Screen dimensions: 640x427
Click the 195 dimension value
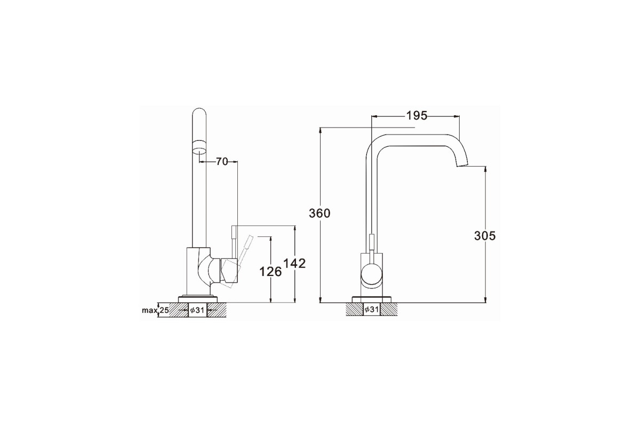pos(417,116)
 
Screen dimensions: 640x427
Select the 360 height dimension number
pos(319,213)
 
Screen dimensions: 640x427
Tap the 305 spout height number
pos(485,236)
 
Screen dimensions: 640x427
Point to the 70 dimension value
pos(222,162)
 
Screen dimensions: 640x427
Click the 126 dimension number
pos(270,272)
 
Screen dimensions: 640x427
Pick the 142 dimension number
pos(294,264)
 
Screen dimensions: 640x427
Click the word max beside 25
pos(149,310)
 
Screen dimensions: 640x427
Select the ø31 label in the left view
pos(197,310)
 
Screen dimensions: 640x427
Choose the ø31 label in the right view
pos(371,310)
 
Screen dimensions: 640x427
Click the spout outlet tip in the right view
pos(462,165)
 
